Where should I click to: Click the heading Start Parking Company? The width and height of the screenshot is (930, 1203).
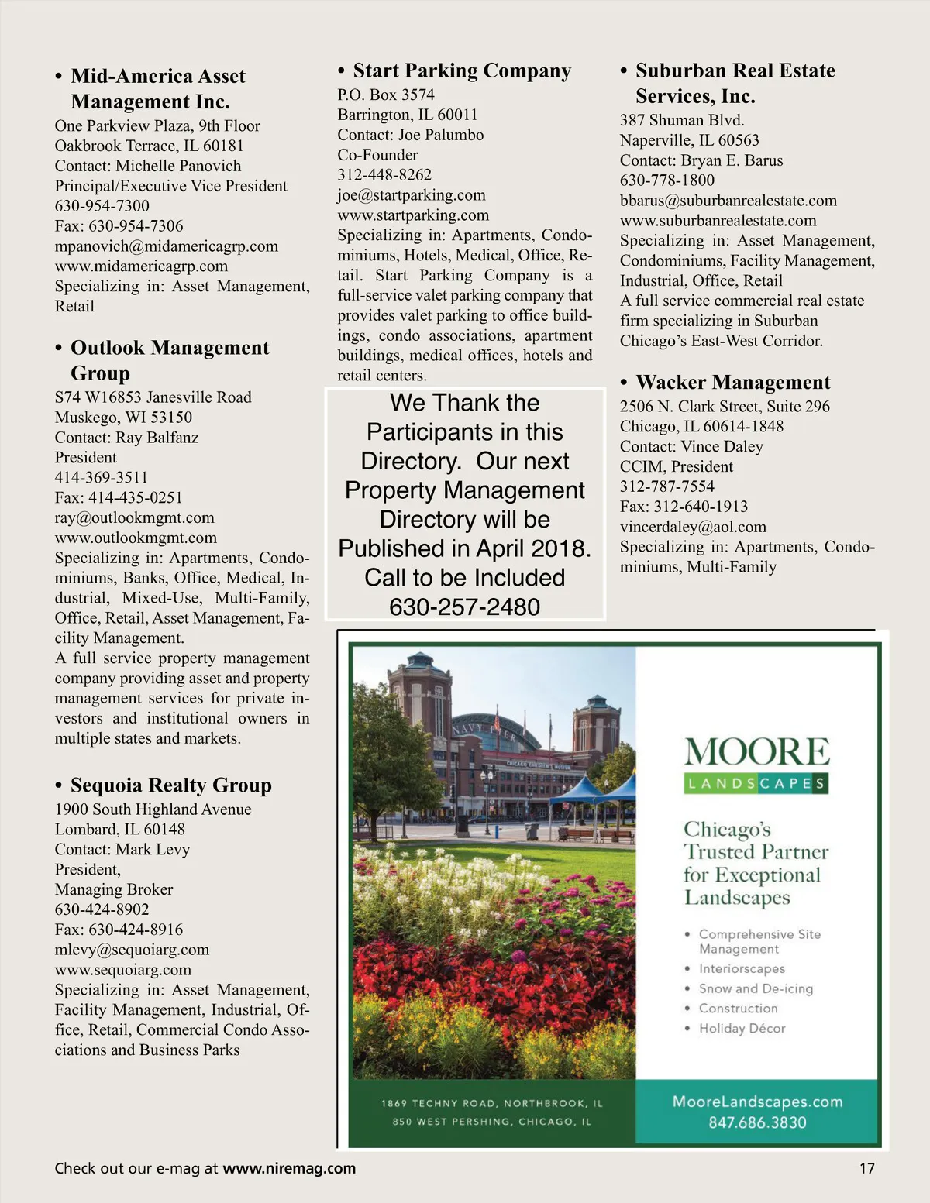coord(462,71)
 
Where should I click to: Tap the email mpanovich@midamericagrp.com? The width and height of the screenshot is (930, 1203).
coord(166,246)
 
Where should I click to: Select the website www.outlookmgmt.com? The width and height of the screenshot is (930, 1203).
coord(136,538)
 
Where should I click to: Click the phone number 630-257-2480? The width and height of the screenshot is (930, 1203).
coord(464,607)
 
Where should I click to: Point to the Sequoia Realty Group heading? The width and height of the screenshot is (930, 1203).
coord(170,785)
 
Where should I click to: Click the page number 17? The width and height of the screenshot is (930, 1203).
coord(866,1168)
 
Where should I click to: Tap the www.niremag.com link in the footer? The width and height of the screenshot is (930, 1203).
coord(289,1168)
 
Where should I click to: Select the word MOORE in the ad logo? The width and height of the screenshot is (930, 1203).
coord(756,752)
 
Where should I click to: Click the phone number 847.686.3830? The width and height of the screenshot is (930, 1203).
coord(757,1122)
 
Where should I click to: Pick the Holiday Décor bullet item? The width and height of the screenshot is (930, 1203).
coord(742,1029)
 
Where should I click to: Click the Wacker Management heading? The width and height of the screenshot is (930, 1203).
coord(732,383)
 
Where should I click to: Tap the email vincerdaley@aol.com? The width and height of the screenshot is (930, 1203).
coord(693,527)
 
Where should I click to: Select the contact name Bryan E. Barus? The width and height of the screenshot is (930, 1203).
coord(732,160)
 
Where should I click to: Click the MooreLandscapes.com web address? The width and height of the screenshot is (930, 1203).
coord(757,1102)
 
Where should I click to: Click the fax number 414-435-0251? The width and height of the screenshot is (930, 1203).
coord(135,497)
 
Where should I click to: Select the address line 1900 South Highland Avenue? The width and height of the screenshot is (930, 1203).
coord(153,809)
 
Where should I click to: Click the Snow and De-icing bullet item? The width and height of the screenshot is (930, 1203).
coord(756,988)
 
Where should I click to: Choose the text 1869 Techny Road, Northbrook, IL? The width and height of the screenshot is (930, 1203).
coord(491,1103)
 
